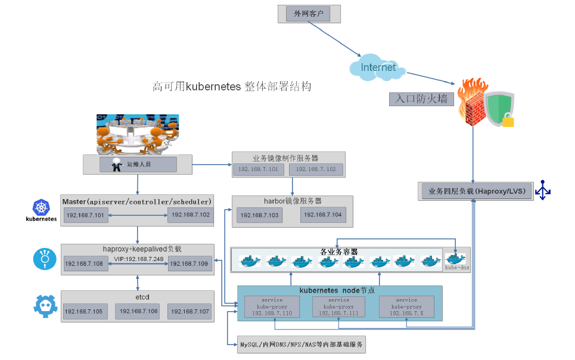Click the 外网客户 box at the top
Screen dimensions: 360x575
(x=308, y=14)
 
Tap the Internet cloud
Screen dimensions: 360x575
(x=378, y=67)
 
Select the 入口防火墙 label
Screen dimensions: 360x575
(x=421, y=99)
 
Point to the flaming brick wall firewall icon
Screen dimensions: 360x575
(x=474, y=102)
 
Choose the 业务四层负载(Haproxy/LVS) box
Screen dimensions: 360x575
(x=473, y=191)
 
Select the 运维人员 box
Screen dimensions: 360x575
(x=138, y=165)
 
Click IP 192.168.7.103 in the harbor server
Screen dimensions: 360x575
(x=258, y=215)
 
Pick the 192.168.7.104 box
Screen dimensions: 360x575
(x=322, y=215)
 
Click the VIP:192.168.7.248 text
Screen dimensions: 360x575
(x=138, y=259)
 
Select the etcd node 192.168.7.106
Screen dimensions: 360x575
(x=138, y=311)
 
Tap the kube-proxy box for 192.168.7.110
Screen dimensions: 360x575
(x=272, y=306)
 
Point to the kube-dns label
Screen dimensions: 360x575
(x=457, y=268)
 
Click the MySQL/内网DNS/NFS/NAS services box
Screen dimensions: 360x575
(x=301, y=345)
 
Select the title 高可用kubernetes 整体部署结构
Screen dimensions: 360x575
(x=232, y=86)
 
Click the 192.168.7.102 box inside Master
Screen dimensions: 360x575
(x=189, y=215)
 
